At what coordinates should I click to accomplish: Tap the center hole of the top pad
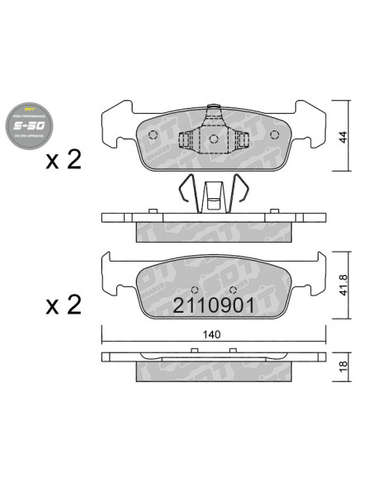click(x=213, y=139)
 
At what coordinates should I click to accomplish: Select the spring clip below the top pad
click(x=213, y=195)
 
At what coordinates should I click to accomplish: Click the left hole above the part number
click(x=191, y=290)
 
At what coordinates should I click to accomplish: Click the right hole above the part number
click(x=234, y=290)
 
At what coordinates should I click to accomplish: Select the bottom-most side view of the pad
click(x=213, y=361)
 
